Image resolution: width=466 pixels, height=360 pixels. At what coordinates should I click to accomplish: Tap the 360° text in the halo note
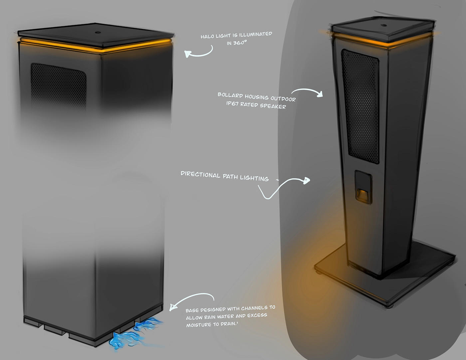240,43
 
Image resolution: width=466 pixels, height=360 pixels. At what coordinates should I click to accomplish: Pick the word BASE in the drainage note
192,310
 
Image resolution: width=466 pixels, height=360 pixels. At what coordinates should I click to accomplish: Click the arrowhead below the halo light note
188,54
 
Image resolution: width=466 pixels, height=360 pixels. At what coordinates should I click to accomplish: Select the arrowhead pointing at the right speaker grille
320,94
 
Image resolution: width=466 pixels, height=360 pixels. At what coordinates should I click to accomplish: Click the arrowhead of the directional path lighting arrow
306,180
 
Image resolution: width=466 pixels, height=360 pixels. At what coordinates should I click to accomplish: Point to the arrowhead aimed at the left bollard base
172,307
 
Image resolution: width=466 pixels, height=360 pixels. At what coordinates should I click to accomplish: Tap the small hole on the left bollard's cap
98,33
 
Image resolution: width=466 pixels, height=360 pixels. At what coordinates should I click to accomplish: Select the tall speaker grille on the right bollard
361,106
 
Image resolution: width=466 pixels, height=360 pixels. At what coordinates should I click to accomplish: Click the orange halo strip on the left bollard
97,47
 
